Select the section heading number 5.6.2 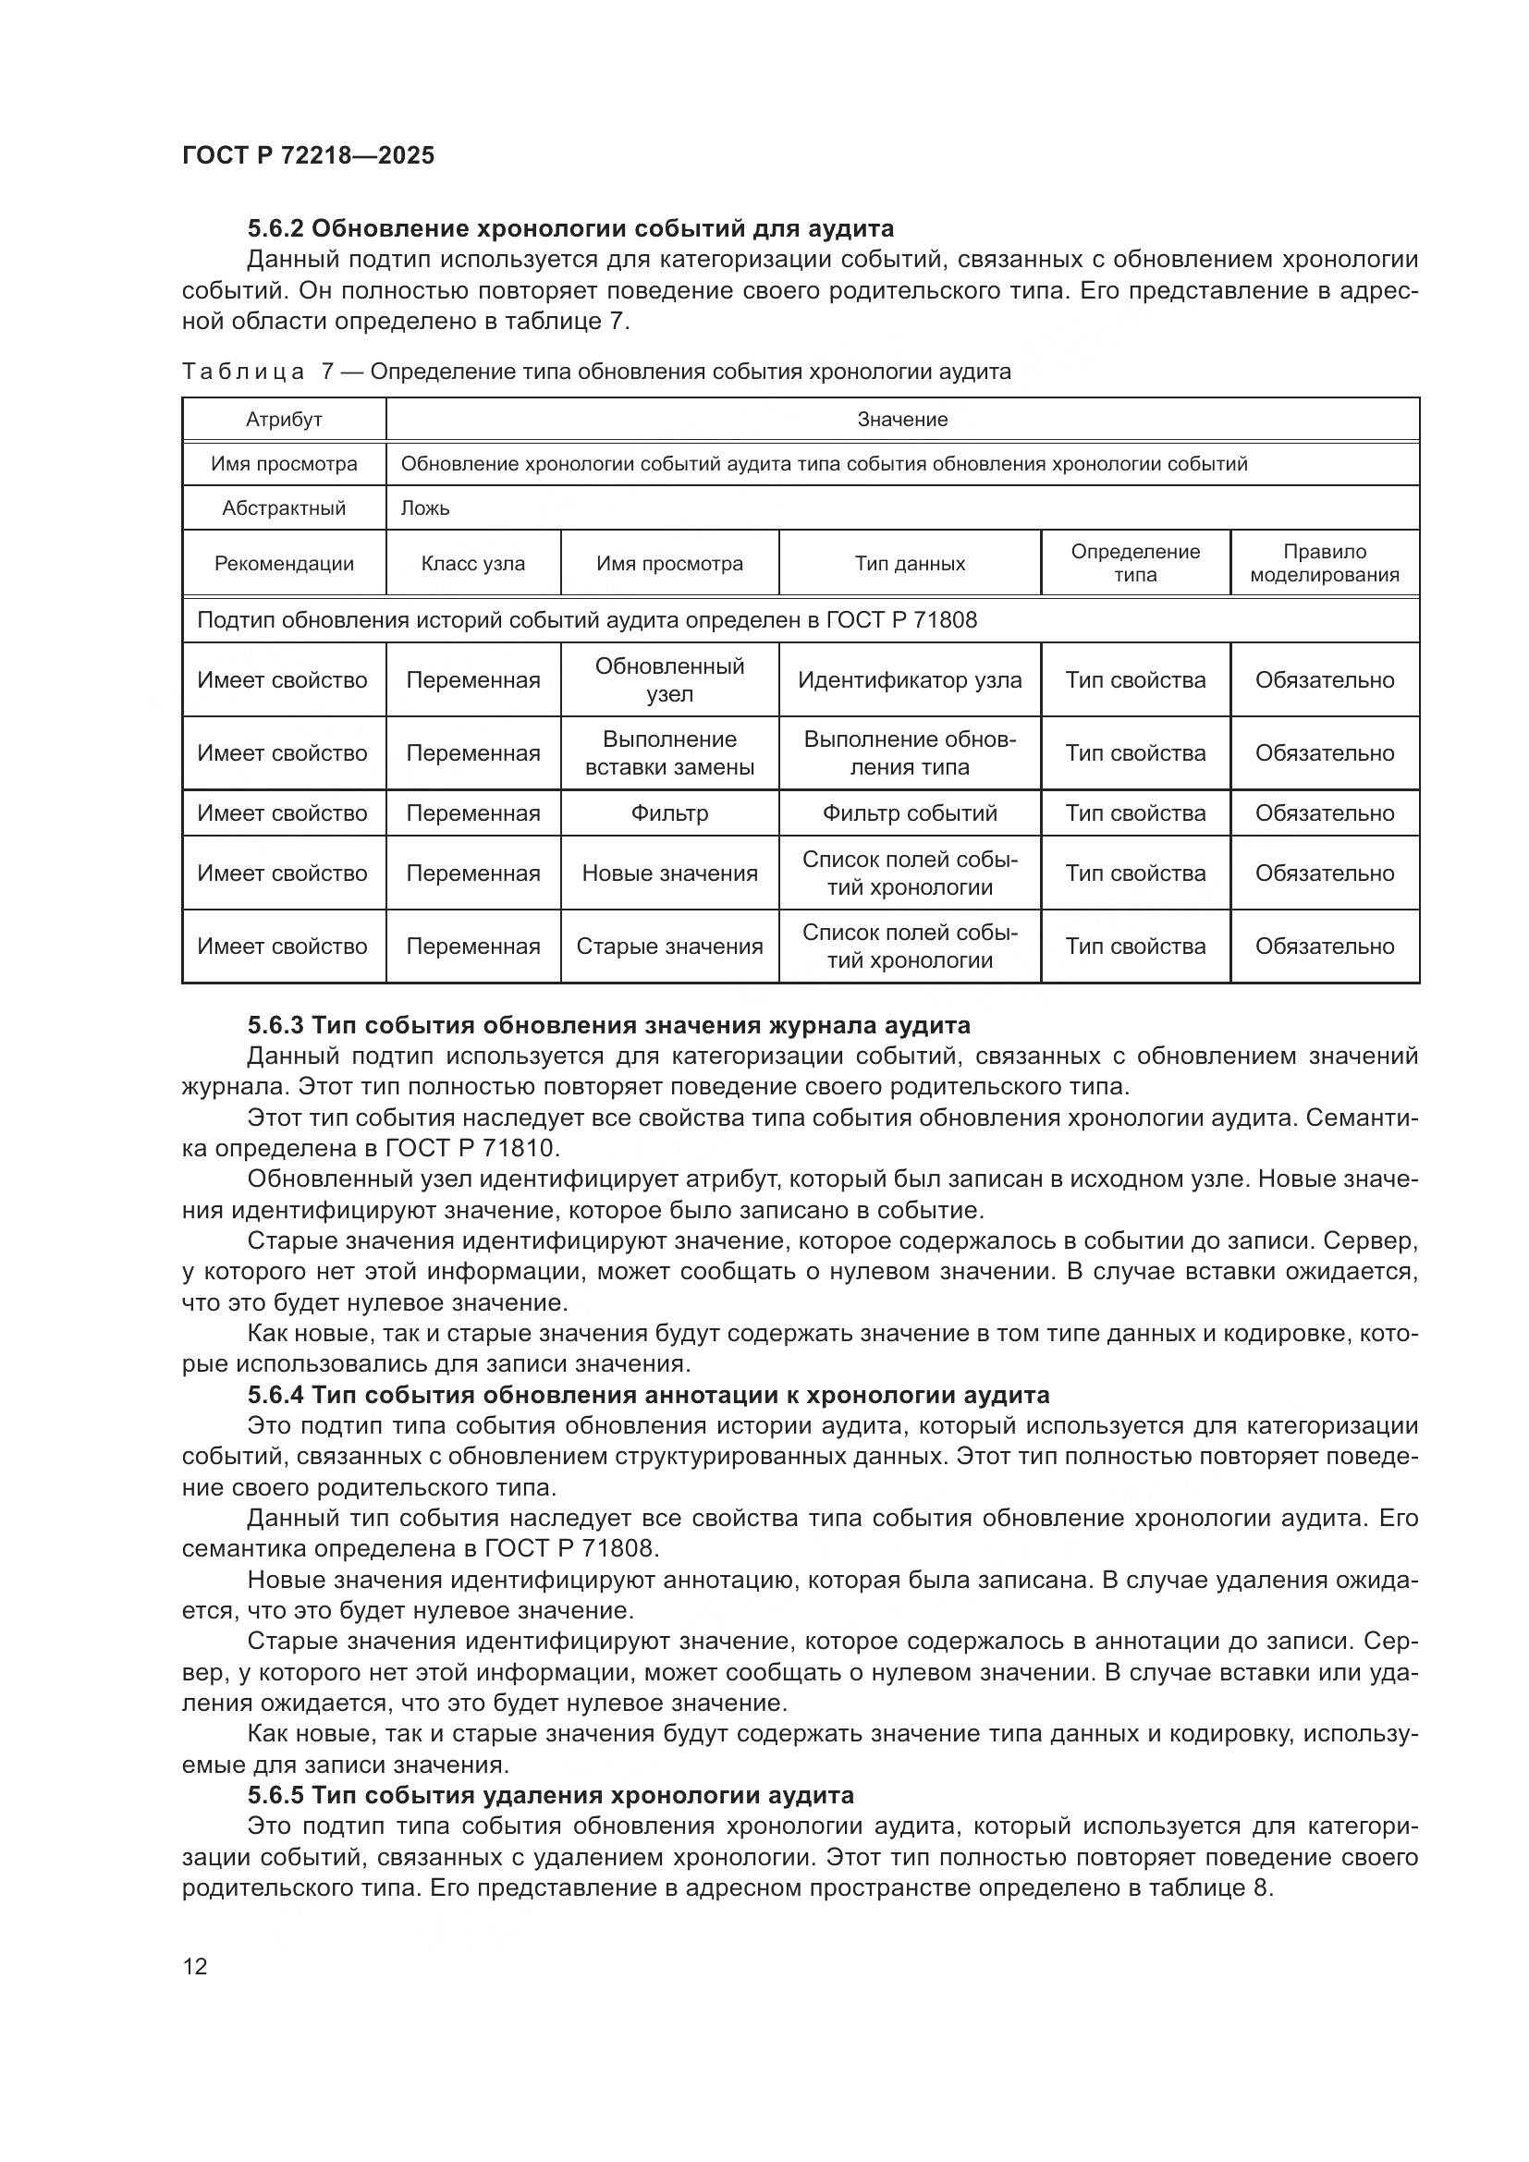point(275,229)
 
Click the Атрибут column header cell point(284,420)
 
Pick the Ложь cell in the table point(425,508)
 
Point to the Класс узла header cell point(472,564)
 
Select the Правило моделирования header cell point(1324,563)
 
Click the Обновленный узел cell point(669,680)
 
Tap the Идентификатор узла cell point(910,680)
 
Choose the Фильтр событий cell point(910,812)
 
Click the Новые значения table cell point(669,873)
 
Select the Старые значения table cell point(669,947)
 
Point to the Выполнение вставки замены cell point(669,753)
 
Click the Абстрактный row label point(284,508)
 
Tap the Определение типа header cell point(1135,563)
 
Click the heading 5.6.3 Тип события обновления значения point(608,1025)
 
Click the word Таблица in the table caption point(243,372)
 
